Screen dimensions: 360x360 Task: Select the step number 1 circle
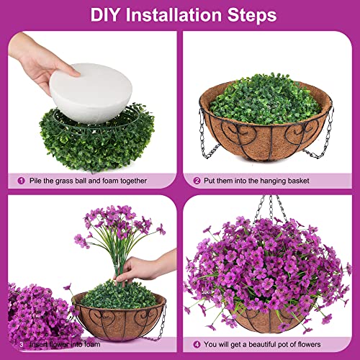pos(22,181)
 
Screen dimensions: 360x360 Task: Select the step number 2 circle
pos(197,181)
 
